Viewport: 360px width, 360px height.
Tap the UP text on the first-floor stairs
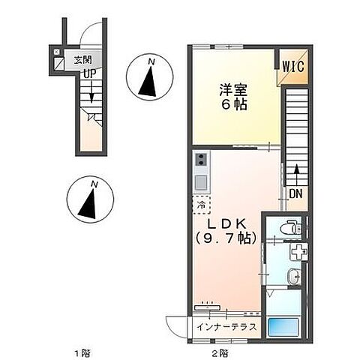click(89, 73)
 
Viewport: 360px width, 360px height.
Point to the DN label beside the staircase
click(296, 193)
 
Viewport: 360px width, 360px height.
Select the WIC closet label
click(293, 66)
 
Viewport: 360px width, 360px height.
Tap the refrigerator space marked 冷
click(201, 203)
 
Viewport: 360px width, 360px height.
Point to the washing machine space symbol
click(298, 252)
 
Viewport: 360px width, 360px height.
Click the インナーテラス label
click(227, 327)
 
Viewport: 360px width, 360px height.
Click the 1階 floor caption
click(82, 352)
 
